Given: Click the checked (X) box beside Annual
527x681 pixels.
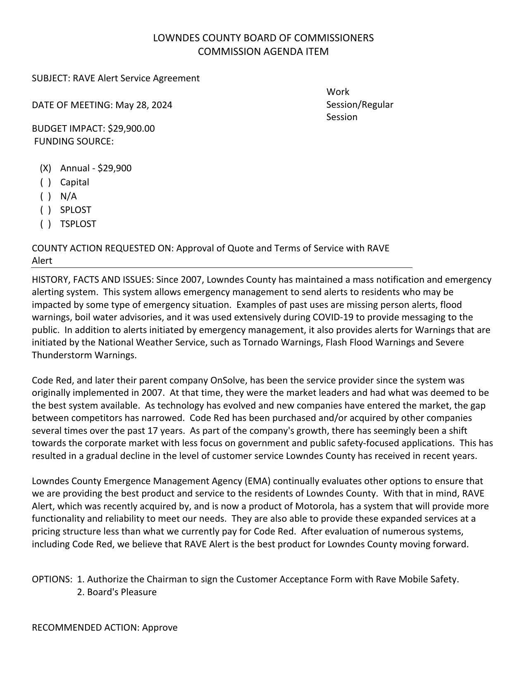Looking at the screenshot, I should [x=45, y=168].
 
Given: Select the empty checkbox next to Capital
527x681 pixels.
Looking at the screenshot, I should [x=45, y=182].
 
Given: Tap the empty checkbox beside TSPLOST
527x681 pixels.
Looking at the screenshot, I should [x=45, y=224].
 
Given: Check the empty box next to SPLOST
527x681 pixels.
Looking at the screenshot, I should [x=45, y=210].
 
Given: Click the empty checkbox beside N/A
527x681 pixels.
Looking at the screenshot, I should [x=45, y=196].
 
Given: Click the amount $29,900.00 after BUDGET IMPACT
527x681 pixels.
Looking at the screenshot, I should [x=131, y=129].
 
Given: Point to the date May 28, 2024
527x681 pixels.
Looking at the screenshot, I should [x=143, y=105].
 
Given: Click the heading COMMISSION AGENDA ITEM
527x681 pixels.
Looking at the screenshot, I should [x=263, y=52].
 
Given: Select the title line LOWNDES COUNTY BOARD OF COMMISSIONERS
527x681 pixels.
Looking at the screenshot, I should [x=263, y=38].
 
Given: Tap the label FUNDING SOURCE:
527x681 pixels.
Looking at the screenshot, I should [x=74, y=142].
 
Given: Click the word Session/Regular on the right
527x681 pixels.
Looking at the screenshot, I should [x=360, y=105].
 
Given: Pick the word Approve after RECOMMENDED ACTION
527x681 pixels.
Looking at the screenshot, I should [x=160, y=628].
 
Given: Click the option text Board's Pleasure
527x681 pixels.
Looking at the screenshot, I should [x=122, y=592].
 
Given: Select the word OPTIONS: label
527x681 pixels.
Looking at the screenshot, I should [x=52, y=579].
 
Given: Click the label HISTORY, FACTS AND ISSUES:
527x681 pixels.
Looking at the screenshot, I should [x=93, y=280].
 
